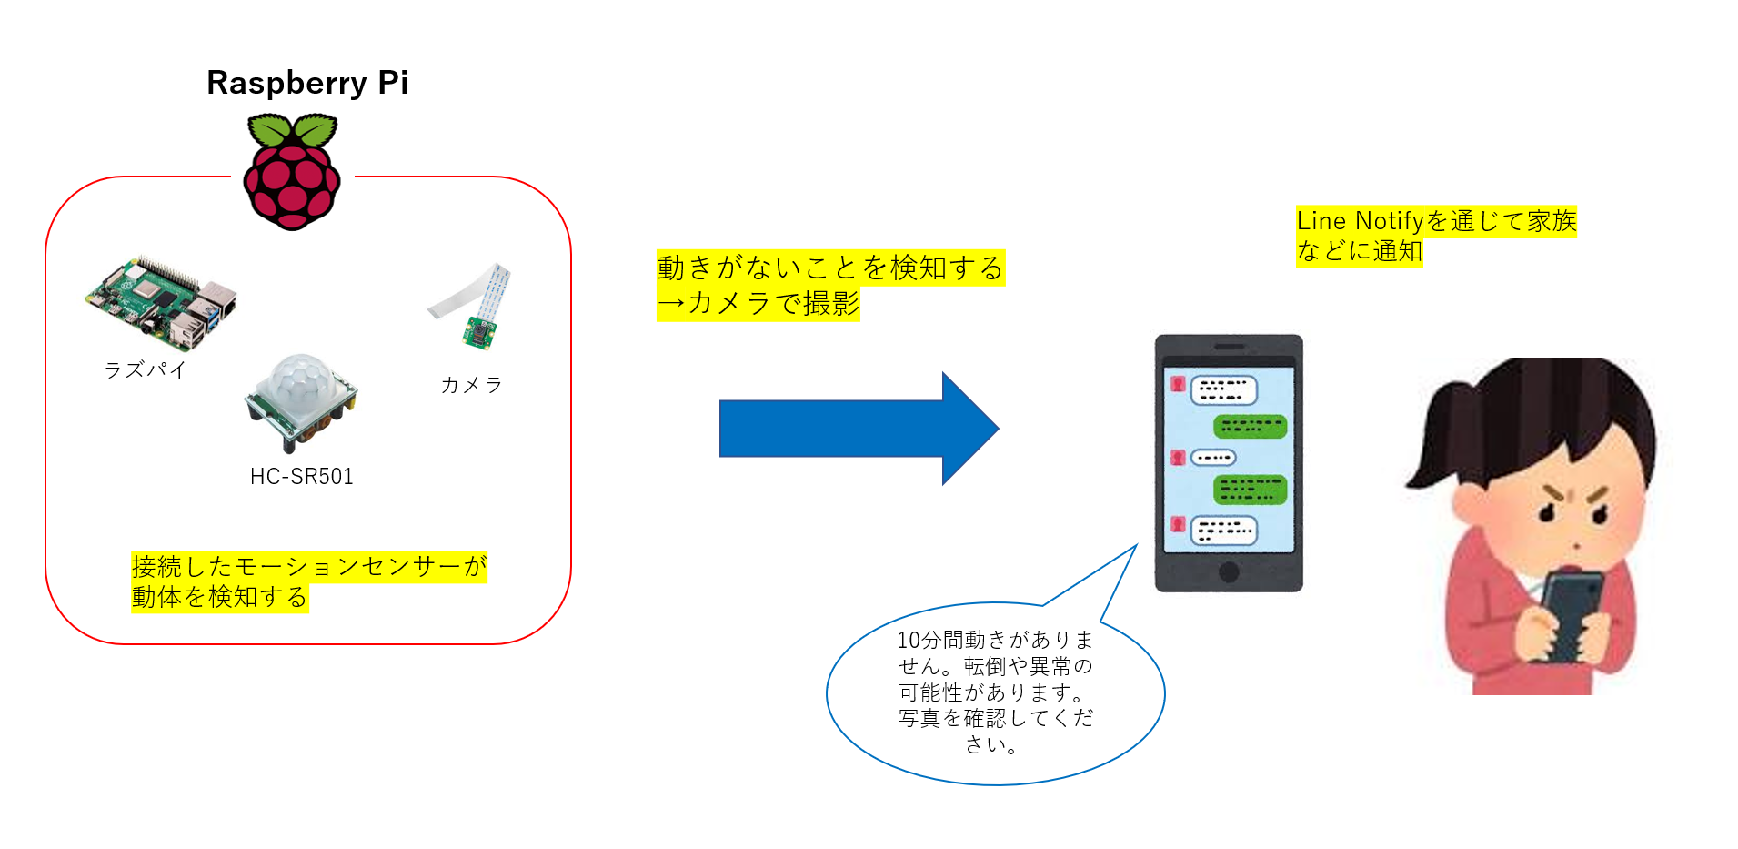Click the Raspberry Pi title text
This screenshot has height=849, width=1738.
307,83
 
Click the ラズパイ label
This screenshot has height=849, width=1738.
146,369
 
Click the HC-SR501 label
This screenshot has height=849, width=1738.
302,476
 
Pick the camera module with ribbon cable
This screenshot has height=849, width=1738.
472,307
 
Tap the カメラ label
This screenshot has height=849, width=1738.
471,385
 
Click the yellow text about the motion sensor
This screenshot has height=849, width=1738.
309,581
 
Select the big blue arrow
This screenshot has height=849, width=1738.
859,429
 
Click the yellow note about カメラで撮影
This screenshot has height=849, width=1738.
830,285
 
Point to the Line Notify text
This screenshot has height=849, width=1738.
1436,236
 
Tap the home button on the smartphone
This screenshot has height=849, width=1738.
1229,571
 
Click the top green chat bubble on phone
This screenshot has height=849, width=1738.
1251,426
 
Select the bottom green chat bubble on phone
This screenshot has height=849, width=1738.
1251,490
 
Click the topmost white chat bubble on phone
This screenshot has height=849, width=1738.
1224,390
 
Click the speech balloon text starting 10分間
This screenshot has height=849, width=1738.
995,692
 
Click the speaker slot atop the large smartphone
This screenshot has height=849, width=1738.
1229,347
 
